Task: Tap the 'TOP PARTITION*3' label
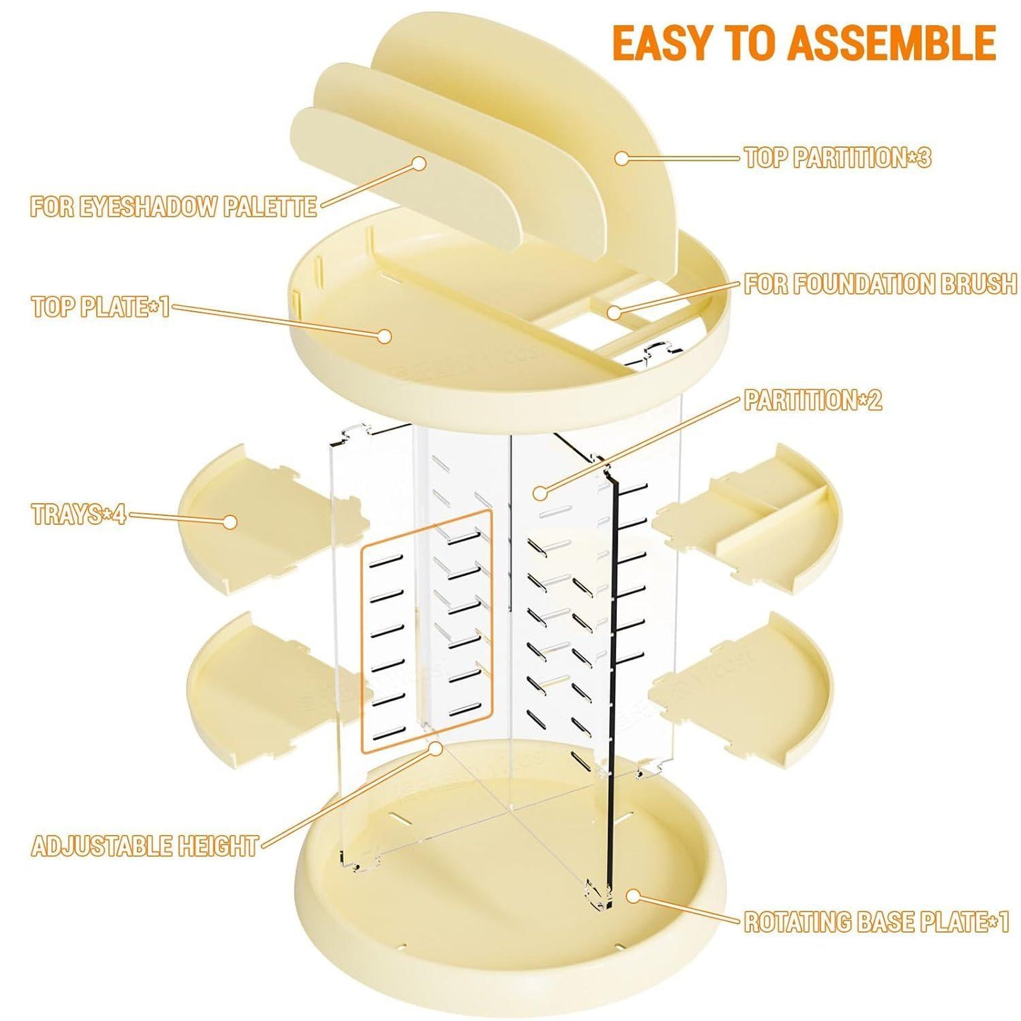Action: click(x=837, y=158)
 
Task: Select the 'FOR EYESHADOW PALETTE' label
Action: click(x=173, y=206)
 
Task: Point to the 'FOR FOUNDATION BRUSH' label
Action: click(x=880, y=284)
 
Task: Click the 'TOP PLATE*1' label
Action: click(x=100, y=307)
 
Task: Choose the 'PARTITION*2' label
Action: click(x=813, y=401)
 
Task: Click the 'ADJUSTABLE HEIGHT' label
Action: click(x=145, y=846)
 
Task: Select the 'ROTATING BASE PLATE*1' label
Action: click(x=876, y=922)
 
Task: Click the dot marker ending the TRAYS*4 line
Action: click(x=230, y=521)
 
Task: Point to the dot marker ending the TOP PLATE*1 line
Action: click(x=384, y=336)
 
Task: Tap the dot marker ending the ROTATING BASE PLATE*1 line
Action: click(x=633, y=896)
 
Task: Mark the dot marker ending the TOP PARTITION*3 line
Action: click(x=621, y=158)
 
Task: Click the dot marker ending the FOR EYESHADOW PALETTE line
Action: click(x=419, y=163)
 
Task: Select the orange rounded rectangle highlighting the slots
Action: click(x=427, y=629)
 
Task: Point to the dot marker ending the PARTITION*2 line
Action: click(x=541, y=492)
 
